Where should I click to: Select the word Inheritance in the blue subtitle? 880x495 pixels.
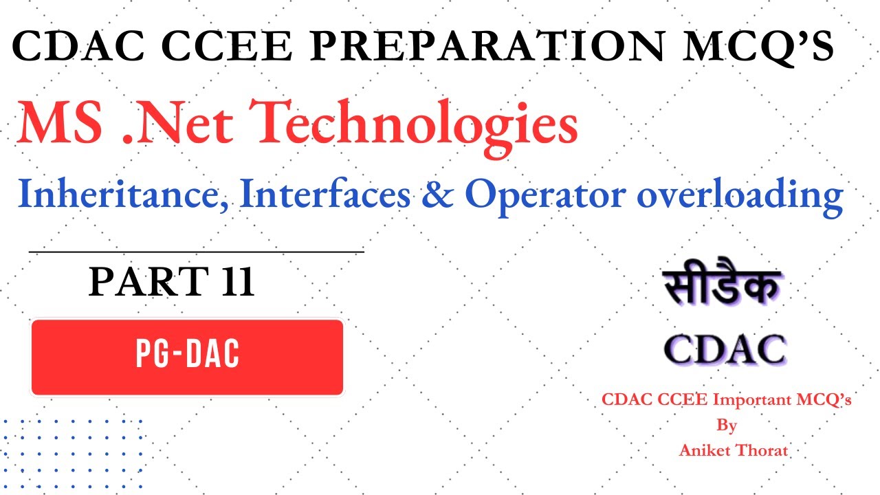(124, 196)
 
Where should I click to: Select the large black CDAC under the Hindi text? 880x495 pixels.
(725, 349)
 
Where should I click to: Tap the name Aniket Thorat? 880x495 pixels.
(733, 451)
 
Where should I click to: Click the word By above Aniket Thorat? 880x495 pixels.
(727, 426)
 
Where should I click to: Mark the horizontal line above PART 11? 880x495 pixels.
(196, 252)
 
